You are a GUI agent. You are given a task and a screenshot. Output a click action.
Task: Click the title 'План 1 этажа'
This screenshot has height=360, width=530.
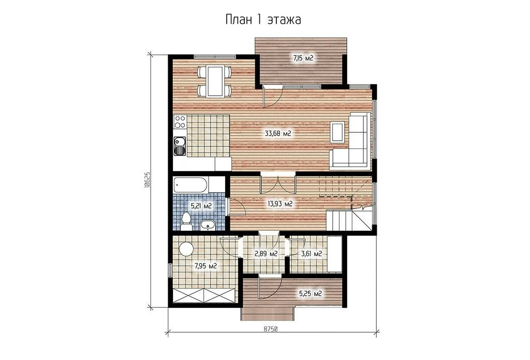(x=263, y=20)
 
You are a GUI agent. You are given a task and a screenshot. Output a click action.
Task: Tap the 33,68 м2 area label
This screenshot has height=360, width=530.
(x=278, y=133)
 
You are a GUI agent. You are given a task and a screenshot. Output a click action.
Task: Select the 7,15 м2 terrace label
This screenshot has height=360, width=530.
(x=303, y=58)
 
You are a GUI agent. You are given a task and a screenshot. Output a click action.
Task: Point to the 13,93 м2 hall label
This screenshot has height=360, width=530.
(x=280, y=204)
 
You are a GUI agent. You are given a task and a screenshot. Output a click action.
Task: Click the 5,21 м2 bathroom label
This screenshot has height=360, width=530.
(x=201, y=206)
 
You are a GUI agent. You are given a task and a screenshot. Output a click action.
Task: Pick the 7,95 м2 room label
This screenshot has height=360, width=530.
(x=205, y=266)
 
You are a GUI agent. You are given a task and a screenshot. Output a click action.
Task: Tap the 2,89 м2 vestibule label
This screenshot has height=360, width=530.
(x=266, y=253)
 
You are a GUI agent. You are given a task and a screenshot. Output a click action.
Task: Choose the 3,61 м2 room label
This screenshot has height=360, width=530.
(x=311, y=253)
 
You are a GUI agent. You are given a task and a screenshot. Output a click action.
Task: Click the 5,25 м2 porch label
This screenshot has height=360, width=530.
(x=311, y=294)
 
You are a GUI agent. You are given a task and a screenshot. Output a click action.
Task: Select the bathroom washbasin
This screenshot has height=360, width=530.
(x=207, y=225)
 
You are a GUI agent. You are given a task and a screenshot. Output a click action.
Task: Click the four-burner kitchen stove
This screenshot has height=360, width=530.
(x=180, y=122)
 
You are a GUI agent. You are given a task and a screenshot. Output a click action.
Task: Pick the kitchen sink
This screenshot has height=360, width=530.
(x=180, y=146)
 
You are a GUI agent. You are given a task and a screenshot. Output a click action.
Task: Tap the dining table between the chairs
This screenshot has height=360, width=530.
(x=214, y=81)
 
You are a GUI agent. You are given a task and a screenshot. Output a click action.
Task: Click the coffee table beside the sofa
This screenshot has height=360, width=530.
(x=338, y=131)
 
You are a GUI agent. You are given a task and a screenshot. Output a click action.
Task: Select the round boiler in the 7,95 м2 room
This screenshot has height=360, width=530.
(x=186, y=249)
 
